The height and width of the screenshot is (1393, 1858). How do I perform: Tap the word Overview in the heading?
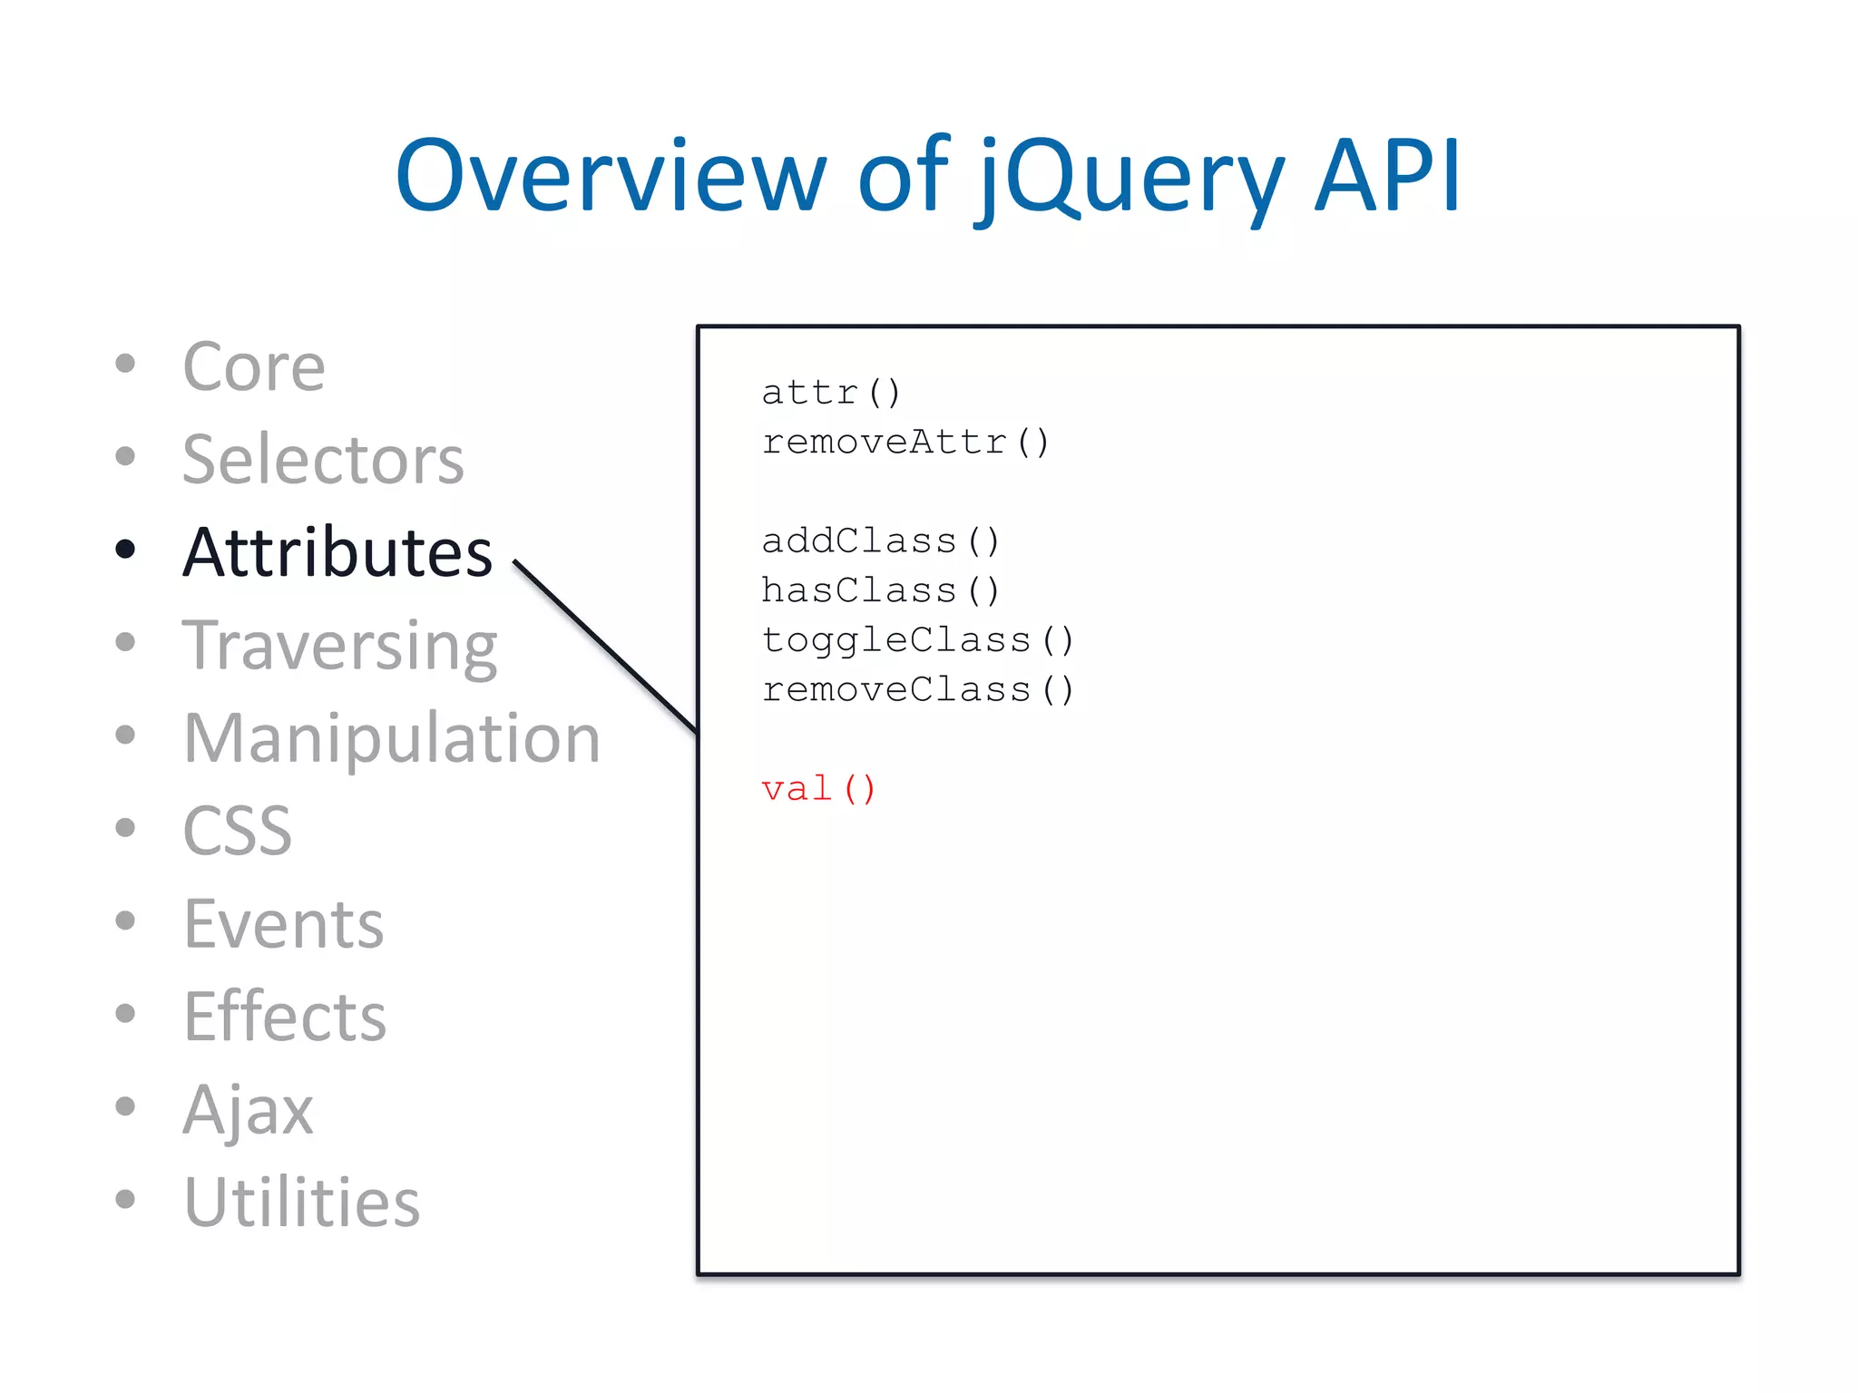pos(611,177)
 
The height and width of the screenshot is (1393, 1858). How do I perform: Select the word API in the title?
pos(1387,175)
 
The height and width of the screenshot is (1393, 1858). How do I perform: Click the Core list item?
pos(253,367)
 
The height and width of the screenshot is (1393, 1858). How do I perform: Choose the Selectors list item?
pos(323,460)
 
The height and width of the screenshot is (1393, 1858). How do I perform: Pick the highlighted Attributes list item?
pos(337,552)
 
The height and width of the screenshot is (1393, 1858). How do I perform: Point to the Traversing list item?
pos(339,646)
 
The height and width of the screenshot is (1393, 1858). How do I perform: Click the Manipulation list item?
pos(392,738)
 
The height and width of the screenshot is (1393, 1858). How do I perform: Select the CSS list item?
pos(238,831)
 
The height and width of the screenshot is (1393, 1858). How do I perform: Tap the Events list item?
pos(284,924)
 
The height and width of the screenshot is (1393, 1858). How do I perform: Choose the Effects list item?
pos(285,1017)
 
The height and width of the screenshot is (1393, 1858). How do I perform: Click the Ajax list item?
pos(248,1110)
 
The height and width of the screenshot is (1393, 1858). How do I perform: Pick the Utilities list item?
pos(302,1203)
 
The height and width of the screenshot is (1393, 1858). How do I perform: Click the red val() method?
pos(818,789)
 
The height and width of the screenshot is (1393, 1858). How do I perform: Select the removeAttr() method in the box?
pos(905,443)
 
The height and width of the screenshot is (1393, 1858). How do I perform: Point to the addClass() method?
pos(880,541)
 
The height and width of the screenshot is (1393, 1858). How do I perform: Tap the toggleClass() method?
pos(917,640)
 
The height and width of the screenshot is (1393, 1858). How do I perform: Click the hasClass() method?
pos(880,591)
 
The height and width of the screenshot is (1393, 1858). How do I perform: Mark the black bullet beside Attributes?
pos(126,549)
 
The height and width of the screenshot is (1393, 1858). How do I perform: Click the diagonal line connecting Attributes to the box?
pos(605,647)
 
